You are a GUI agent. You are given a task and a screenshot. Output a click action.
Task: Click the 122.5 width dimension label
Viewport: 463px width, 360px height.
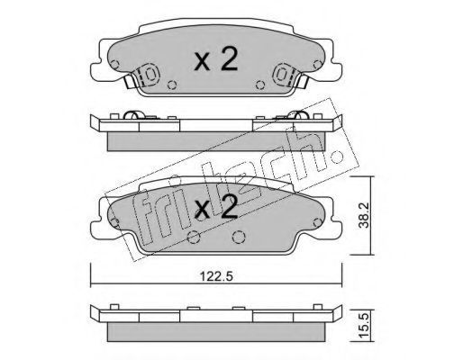[x=216, y=276]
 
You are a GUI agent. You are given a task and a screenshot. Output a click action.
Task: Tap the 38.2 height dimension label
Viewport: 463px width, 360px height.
[x=365, y=216]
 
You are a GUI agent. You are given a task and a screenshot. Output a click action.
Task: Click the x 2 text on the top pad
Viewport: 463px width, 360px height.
[x=216, y=59]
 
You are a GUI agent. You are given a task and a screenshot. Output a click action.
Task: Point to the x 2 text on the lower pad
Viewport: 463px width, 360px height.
[x=216, y=206]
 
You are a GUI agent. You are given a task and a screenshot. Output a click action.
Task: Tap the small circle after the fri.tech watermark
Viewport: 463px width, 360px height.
[x=337, y=157]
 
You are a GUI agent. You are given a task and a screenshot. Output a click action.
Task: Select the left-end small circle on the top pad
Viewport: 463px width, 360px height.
[x=114, y=64]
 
